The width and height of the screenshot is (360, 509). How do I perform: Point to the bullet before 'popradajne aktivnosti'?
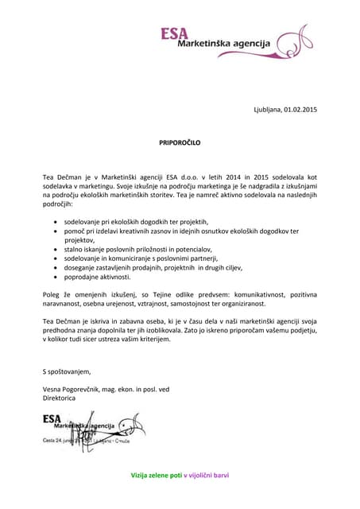pyautogui.click(x=54, y=277)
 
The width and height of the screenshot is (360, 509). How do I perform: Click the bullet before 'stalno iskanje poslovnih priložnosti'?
pyautogui.click(x=54, y=249)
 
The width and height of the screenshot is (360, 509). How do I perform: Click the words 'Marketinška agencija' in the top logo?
pyautogui.click(x=223, y=43)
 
